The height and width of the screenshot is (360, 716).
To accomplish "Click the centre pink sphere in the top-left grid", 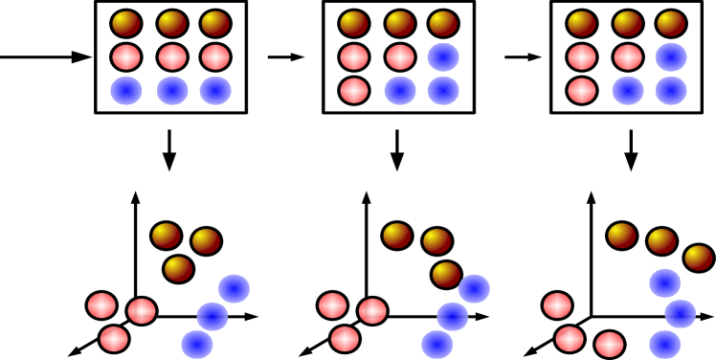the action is [x=172, y=57].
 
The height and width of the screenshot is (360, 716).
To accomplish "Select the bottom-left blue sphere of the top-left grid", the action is [x=126, y=91].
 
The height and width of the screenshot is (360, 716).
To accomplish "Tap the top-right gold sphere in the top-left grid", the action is [x=215, y=24].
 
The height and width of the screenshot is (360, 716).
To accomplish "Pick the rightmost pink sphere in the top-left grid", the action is [x=215, y=57].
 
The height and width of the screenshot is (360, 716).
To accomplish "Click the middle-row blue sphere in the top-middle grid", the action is [x=443, y=57].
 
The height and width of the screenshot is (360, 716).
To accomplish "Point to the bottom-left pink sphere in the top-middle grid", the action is [x=354, y=91].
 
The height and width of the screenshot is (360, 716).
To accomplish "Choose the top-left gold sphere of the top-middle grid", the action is [x=354, y=24].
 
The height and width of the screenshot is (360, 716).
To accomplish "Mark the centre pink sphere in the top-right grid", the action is [x=628, y=57].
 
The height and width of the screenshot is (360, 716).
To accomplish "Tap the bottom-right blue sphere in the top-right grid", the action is [x=671, y=91].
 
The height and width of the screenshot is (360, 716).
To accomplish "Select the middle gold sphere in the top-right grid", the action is [x=628, y=24].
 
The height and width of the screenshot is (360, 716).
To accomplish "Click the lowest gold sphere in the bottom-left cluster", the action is [x=178, y=269].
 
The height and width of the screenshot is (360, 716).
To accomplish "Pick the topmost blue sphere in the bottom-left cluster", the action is [x=235, y=288].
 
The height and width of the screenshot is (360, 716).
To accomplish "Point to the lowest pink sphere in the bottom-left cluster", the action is [x=114, y=339].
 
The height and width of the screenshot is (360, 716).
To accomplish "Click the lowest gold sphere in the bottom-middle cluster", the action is [x=446, y=275].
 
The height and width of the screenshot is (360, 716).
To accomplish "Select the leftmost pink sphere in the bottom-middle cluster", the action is [x=332, y=305].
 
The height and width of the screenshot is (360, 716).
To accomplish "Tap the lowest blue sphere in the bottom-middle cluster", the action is [x=437, y=345].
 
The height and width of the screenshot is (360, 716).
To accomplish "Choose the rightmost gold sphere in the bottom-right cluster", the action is [x=699, y=258].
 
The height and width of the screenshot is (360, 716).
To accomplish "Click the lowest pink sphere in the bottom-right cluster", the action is [x=610, y=345].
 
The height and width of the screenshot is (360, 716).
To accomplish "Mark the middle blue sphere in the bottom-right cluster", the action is [x=681, y=313].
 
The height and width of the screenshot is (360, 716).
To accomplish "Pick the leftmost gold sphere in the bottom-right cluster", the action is [x=622, y=236].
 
